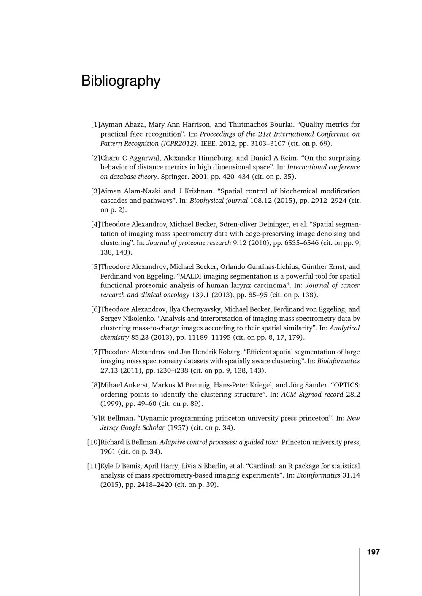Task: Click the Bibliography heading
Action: tap(121, 81)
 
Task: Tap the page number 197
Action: tap(373, 552)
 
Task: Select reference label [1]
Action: tap(95, 125)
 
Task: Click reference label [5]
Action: tap(95, 267)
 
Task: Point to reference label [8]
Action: tap(95, 385)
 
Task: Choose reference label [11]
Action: tap(93, 466)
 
